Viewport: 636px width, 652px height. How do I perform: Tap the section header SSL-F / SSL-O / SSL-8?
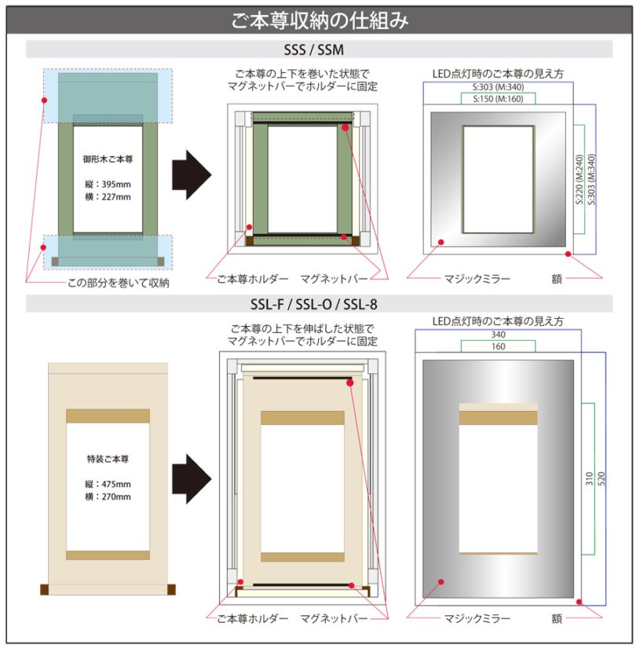[319, 302]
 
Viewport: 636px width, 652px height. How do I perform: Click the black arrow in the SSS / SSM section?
[191, 174]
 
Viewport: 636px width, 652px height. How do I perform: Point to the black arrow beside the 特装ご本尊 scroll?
[192, 477]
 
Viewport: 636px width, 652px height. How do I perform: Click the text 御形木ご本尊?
[108, 159]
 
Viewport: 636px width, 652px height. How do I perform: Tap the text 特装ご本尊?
[108, 458]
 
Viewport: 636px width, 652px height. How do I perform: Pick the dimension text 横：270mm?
[108, 496]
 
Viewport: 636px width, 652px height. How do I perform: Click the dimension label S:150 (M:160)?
[498, 100]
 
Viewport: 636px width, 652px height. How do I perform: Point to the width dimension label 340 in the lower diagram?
[498, 335]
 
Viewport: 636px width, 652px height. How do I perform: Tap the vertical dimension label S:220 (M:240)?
[579, 179]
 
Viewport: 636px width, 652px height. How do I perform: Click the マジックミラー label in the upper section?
[477, 279]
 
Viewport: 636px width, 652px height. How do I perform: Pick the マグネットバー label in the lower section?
[334, 618]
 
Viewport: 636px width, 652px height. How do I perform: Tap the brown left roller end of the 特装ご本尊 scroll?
[45, 589]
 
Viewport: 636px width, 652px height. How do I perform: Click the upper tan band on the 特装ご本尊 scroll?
[108, 416]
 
